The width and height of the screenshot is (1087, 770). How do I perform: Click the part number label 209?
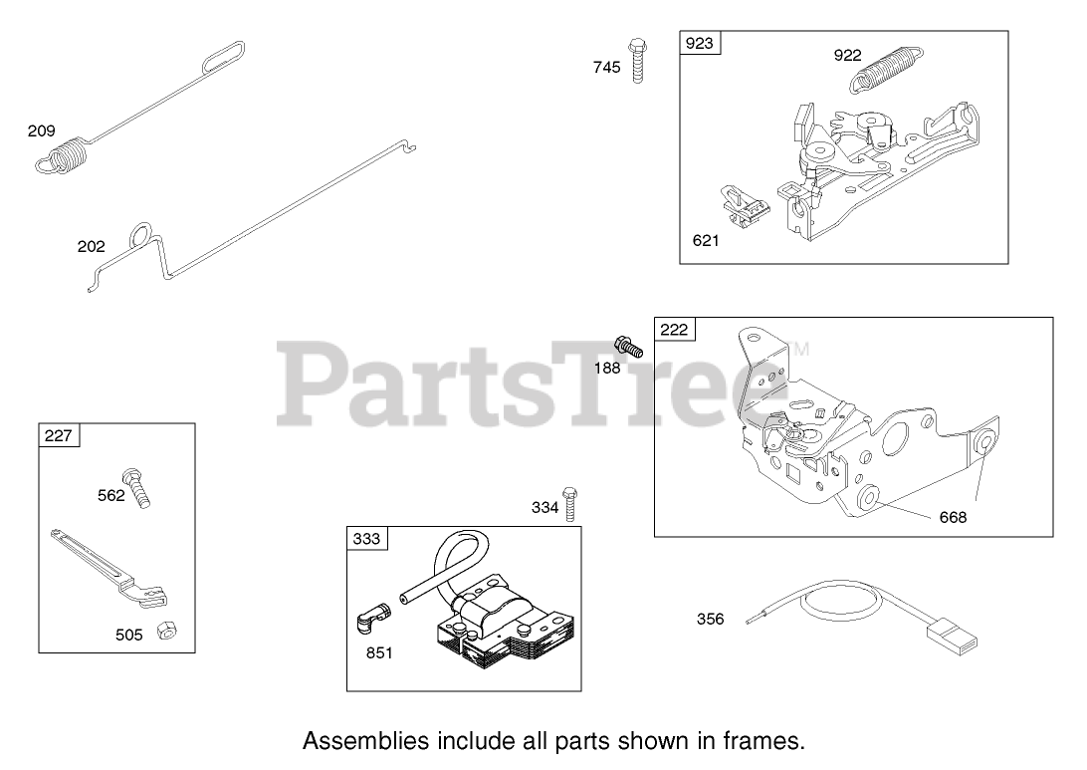[x=42, y=130]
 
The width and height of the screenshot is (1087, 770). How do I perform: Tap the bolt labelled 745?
[x=635, y=59]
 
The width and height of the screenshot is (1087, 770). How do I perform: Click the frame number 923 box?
[x=701, y=44]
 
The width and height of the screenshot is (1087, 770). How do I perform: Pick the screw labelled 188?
[x=630, y=348]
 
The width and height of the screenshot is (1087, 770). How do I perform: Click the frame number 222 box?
[x=674, y=330]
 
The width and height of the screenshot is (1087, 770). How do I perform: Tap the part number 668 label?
[x=952, y=517]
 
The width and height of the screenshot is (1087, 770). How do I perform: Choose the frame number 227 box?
[x=59, y=435]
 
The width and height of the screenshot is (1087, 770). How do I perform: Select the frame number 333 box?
[x=366, y=539]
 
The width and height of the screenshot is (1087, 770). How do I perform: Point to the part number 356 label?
[x=710, y=620]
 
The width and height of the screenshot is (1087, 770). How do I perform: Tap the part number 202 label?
[x=91, y=246]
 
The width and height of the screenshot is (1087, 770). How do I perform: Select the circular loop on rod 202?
[x=140, y=238]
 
